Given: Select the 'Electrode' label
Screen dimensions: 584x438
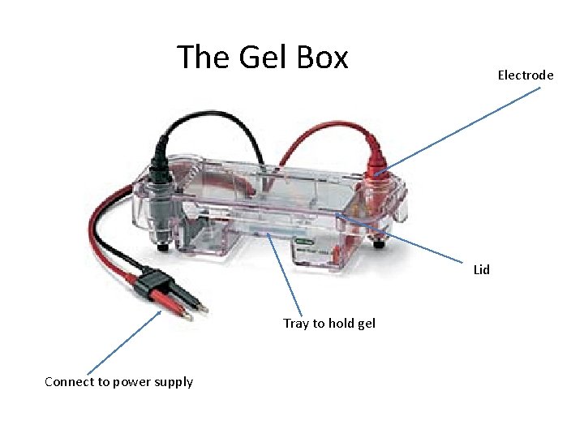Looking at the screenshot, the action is pos(525,75).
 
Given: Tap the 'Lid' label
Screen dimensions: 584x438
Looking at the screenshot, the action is pos(482,269).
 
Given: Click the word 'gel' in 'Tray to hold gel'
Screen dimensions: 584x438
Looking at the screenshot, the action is pos(366,323).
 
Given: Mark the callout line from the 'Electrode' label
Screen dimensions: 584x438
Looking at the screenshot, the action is pos(462,127).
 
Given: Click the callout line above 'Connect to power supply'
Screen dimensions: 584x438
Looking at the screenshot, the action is pos(122,344).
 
